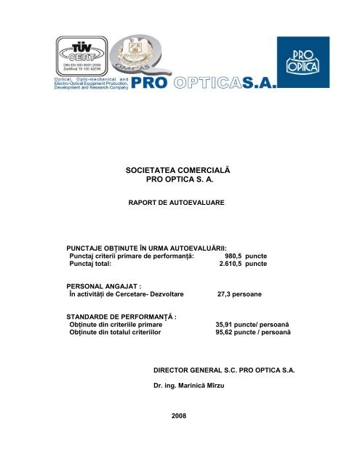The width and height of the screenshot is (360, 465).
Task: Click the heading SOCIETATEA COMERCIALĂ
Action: (180, 170)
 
